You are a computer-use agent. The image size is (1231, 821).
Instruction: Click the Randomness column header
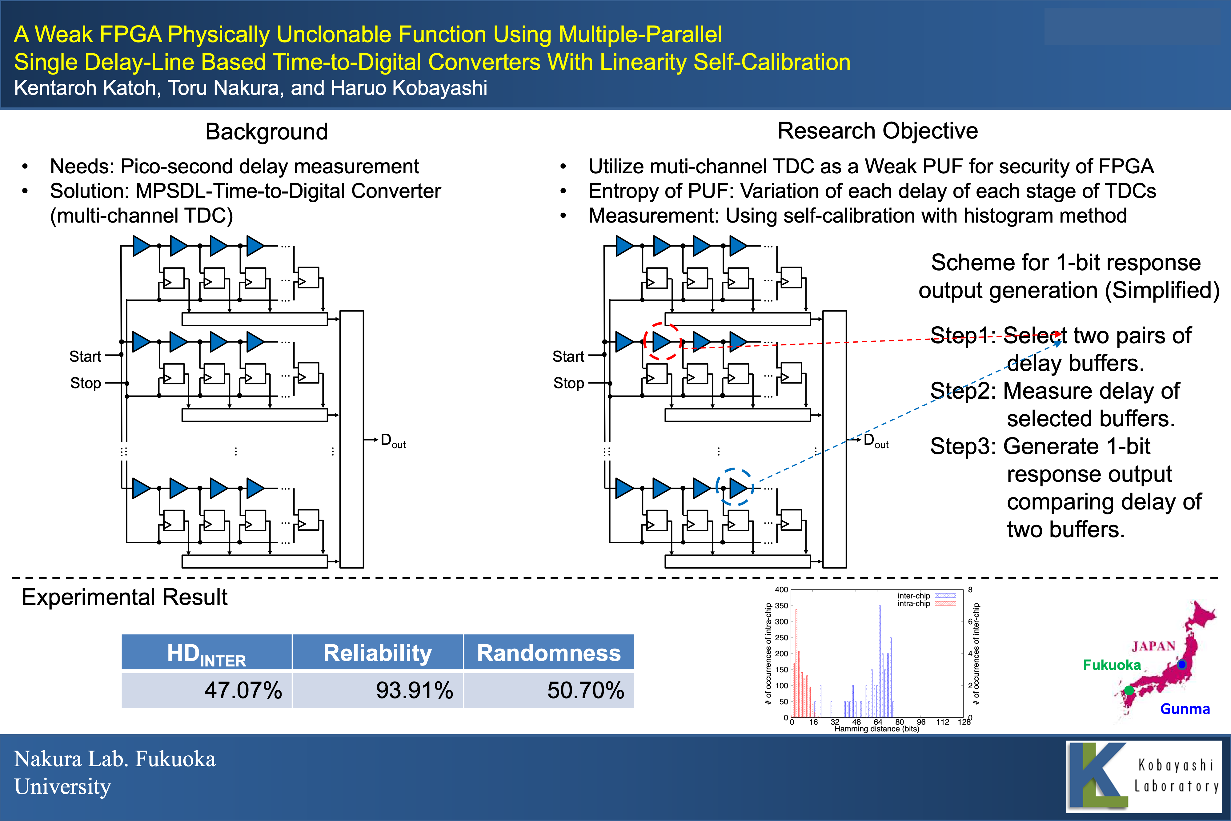(548, 653)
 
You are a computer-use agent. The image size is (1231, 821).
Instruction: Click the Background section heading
(267, 131)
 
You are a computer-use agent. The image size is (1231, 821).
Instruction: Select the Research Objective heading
(877, 131)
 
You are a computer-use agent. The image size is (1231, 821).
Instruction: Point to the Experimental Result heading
(125, 597)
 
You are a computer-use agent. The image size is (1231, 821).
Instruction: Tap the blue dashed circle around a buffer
(735, 487)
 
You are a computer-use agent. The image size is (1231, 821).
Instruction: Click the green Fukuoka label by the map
(1112, 665)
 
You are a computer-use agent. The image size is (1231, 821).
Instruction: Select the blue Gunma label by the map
(1185, 709)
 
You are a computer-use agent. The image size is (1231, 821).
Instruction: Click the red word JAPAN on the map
(1153, 646)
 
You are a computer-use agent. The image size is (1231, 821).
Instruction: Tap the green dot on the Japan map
(1129, 690)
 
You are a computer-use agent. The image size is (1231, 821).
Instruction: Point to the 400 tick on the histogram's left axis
(781, 590)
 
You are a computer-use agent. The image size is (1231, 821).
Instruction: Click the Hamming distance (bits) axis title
(877, 729)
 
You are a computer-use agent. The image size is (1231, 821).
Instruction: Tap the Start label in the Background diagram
(85, 356)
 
